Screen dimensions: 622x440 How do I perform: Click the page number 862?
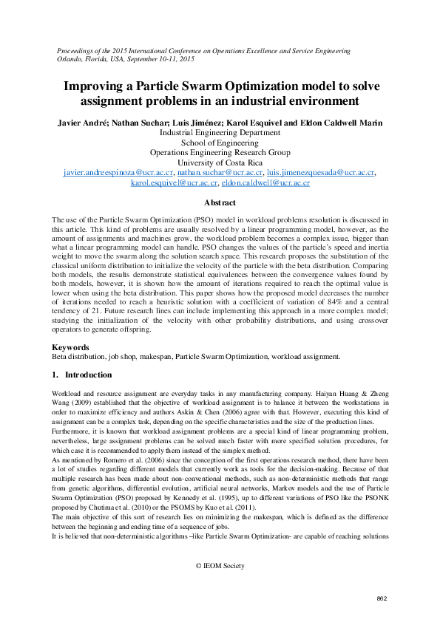pyautogui.click(x=382, y=598)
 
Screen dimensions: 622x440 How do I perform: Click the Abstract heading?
pyautogui.click(x=220, y=202)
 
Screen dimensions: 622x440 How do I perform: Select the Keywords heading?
pyautogui.click(x=71, y=346)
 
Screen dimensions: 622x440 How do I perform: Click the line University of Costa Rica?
pyautogui.click(x=220, y=163)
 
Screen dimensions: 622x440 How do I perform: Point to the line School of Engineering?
pyautogui.click(x=220, y=143)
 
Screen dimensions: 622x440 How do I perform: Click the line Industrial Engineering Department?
pyautogui.click(x=220, y=132)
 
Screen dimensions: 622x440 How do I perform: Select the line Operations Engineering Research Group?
pyautogui.click(x=220, y=152)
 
